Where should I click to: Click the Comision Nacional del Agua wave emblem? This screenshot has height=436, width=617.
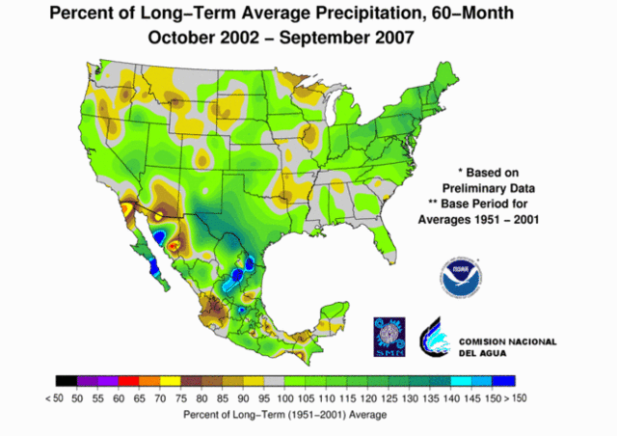click(x=435, y=335)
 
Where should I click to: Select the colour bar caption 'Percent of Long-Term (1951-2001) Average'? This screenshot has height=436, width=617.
click(x=284, y=415)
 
